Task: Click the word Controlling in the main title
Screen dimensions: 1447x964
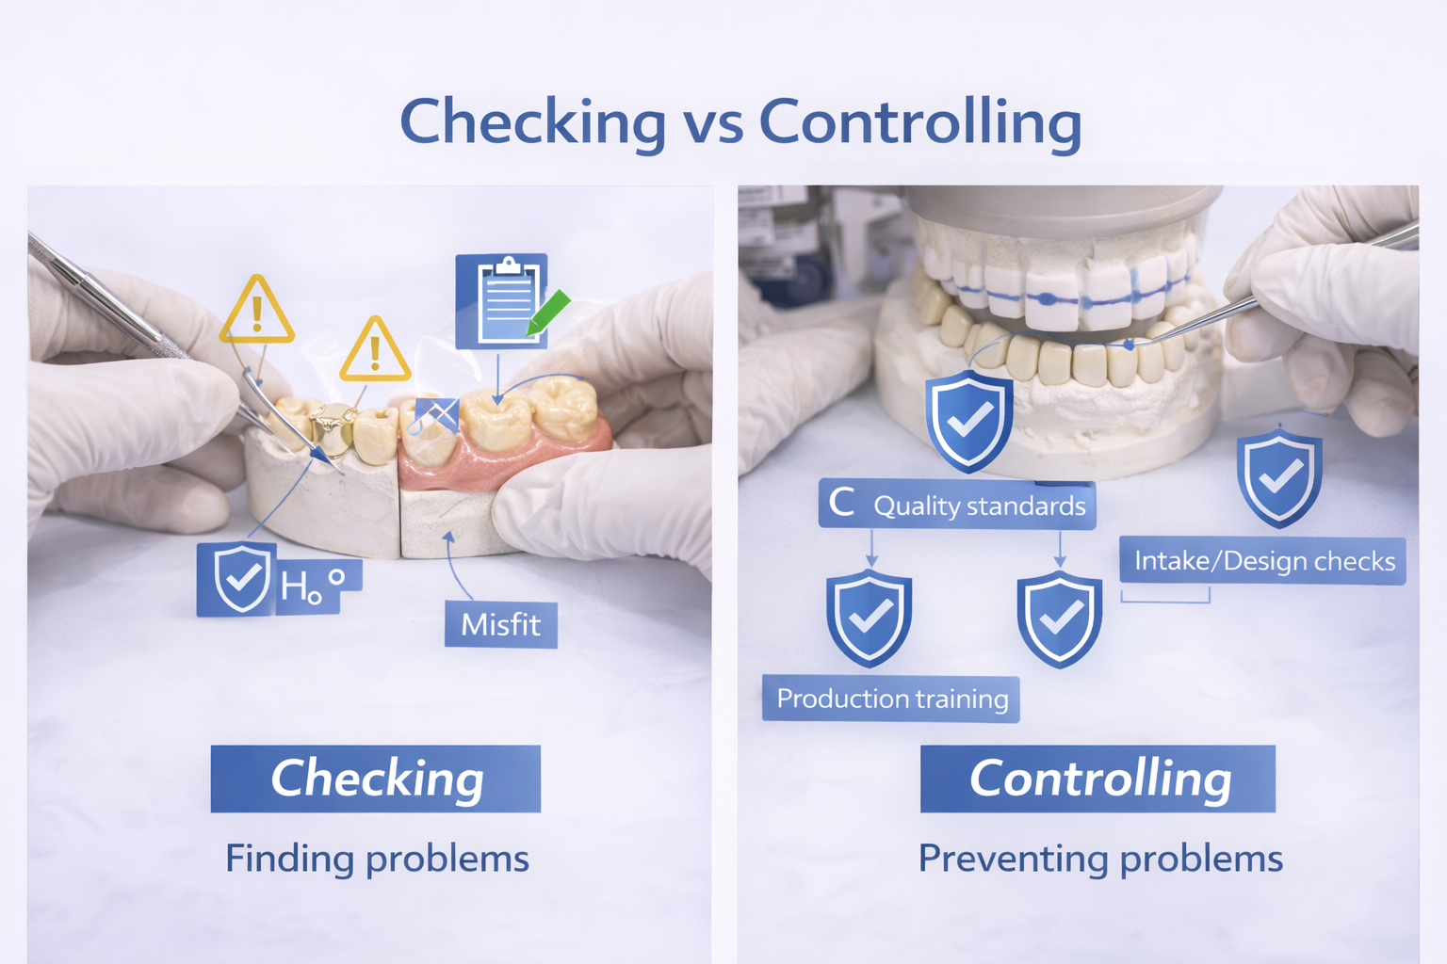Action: [920, 122]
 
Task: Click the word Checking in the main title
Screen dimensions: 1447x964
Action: [533, 122]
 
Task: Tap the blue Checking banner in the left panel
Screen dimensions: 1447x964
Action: [375, 779]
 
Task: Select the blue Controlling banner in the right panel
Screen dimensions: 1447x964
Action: [1097, 779]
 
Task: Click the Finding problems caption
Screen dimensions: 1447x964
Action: [377, 860]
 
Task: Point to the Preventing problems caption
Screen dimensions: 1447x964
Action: [1100, 860]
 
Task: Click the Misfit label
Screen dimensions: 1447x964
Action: [500, 624]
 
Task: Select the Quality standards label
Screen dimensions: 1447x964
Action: [957, 505]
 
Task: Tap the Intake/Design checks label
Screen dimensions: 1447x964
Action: [1263, 560]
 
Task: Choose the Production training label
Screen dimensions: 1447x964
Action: [891, 699]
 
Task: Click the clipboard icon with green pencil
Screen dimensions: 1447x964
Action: [511, 301]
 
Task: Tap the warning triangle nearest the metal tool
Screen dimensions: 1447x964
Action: [257, 310]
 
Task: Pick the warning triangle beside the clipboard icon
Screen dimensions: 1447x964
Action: [375, 349]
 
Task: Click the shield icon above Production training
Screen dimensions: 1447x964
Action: [870, 618]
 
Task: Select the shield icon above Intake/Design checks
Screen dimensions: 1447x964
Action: [1279, 477]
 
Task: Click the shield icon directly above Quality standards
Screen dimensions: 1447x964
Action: [969, 421]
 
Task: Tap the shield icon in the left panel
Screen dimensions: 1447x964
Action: [242, 578]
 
